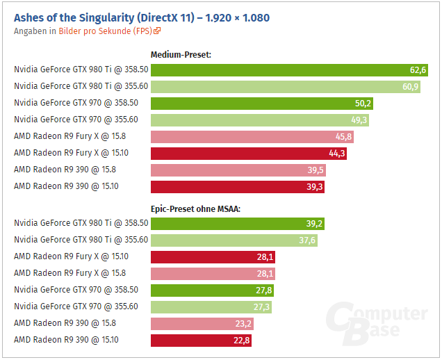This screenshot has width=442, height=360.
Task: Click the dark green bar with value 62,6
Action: tap(289, 69)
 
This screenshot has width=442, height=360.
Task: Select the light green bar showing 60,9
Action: tap(285, 86)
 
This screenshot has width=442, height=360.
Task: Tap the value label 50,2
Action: tap(363, 103)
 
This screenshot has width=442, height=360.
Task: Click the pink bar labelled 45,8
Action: tap(252, 136)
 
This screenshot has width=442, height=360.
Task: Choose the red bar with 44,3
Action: tap(248, 153)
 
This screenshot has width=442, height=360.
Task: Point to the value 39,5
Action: tap(316, 170)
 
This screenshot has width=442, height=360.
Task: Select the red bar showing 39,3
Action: tap(237, 186)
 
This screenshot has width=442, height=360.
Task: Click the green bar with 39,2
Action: tap(237, 224)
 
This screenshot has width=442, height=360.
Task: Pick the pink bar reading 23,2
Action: tap(202, 324)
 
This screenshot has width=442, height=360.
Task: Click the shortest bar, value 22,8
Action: tap(201, 341)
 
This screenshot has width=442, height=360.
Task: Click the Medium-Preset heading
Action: tap(181, 54)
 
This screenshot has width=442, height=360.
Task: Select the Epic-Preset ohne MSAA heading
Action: tap(195, 208)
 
